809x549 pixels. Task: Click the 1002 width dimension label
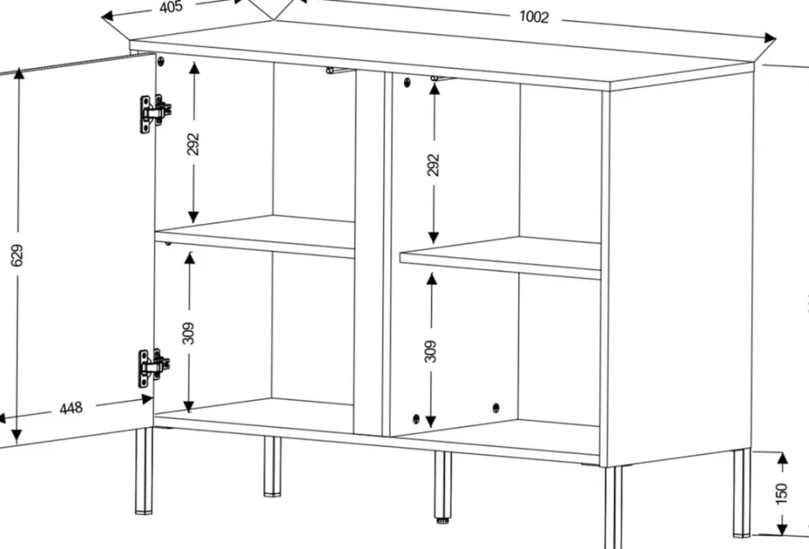(x=533, y=16)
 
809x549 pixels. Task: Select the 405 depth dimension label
(x=171, y=6)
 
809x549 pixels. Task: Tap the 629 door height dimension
(x=17, y=255)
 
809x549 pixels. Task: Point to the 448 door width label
(x=70, y=408)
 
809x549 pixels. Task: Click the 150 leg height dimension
(x=781, y=493)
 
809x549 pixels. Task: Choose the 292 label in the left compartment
(x=193, y=144)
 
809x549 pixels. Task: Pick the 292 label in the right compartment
(x=434, y=164)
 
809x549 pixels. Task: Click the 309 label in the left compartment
(x=188, y=333)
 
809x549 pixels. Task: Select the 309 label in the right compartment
(x=431, y=351)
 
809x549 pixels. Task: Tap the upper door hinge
(x=155, y=112)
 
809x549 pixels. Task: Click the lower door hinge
(x=153, y=367)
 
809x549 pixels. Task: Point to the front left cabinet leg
(x=144, y=470)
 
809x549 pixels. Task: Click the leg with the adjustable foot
(x=443, y=487)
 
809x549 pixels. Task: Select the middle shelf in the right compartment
(x=501, y=257)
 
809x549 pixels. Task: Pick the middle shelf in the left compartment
(x=255, y=235)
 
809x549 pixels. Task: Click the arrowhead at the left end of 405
(x=108, y=16)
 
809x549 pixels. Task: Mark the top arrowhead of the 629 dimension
(x=19, y=73)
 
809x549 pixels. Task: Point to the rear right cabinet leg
(x=741, y=493)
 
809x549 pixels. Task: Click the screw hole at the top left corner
(x=161, y=61)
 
